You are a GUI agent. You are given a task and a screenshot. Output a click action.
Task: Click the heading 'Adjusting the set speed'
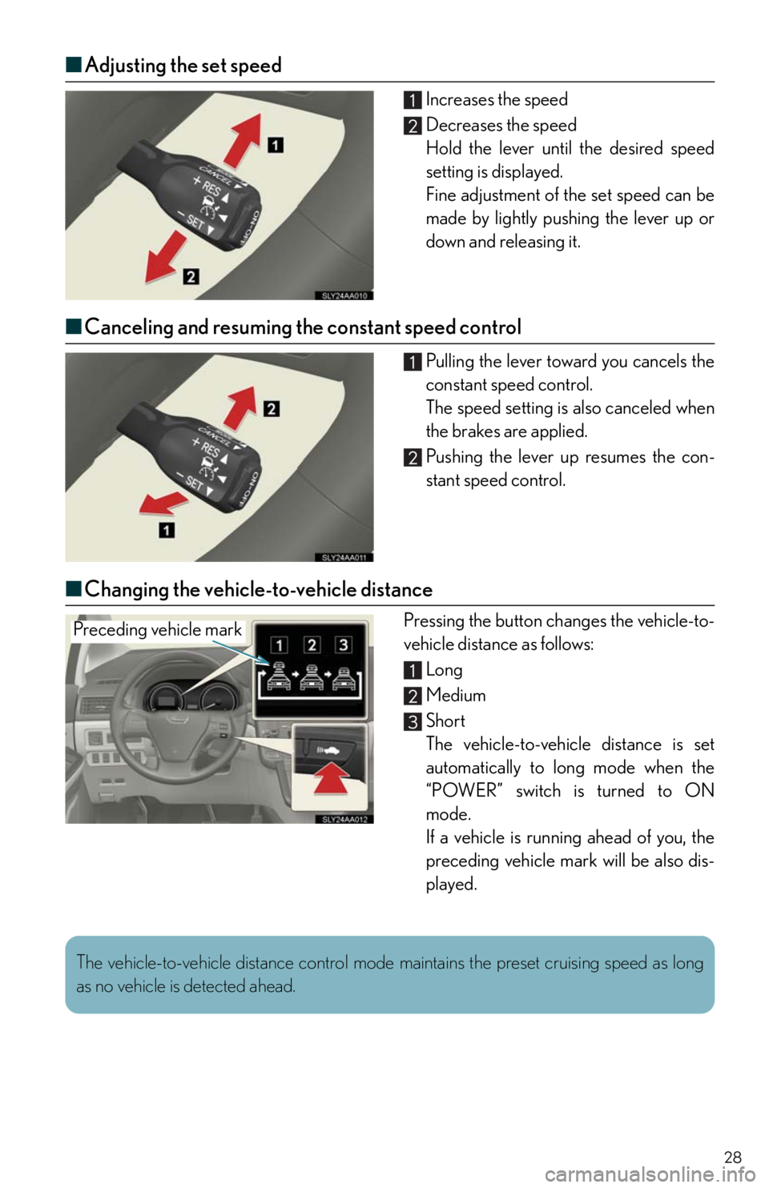[183, 65]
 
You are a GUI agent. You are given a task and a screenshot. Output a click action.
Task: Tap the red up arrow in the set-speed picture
[243, 140]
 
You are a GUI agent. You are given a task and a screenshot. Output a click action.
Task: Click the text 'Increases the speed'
[497, 100]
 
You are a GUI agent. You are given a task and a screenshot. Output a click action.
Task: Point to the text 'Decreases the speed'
[501, 125]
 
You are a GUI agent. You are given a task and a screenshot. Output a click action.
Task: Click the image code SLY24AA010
[345, 295]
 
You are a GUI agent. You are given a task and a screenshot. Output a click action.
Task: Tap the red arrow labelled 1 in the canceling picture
[163, 502]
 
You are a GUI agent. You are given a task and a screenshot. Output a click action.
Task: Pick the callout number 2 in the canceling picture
[272, 409]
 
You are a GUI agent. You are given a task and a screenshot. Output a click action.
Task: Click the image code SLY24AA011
[345, 557]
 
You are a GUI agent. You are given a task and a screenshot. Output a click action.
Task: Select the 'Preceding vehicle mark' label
[158, 630]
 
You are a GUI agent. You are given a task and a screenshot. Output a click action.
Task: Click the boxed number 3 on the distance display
[344, 644]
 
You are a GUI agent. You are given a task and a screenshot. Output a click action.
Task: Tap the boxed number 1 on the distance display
[280, 644]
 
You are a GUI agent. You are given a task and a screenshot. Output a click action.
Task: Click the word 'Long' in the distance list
[445, 670]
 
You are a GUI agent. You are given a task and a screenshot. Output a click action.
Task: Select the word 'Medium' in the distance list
[456, 696]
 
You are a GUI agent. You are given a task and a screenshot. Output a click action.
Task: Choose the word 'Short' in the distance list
[445, 720]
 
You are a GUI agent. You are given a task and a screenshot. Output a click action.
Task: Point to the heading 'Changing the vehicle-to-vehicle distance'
[259, 589]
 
